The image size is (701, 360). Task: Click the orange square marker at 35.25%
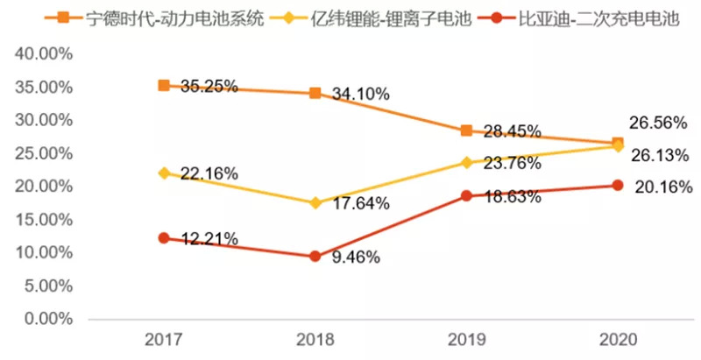pos(163,85)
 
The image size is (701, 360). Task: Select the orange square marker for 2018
pos(315,93)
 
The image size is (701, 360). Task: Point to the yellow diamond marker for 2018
pos(315,203)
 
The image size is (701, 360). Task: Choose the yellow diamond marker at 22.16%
pos(163,173)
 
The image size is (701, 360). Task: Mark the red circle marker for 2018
pos(315,257)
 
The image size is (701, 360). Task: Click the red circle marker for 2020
pos(618,185)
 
